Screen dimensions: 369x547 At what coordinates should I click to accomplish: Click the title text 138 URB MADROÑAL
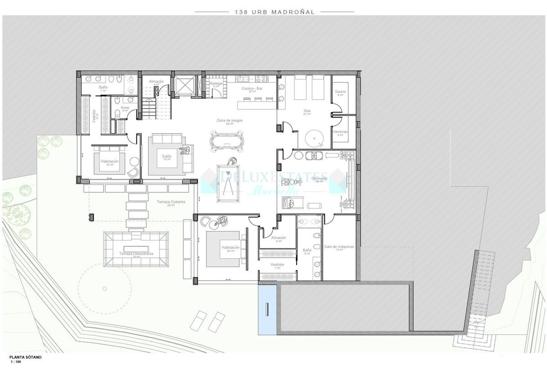(x=274, y=12)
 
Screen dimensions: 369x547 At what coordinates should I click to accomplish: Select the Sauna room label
(x=340, y=92)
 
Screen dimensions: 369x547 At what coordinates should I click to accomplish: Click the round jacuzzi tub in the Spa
(x=314, y=137)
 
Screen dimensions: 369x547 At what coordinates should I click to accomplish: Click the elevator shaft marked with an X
(x=184, y=85)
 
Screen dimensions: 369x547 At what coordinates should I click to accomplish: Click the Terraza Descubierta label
(x=136, y=253)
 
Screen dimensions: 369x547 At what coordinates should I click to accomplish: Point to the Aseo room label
(x=125, y=108)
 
